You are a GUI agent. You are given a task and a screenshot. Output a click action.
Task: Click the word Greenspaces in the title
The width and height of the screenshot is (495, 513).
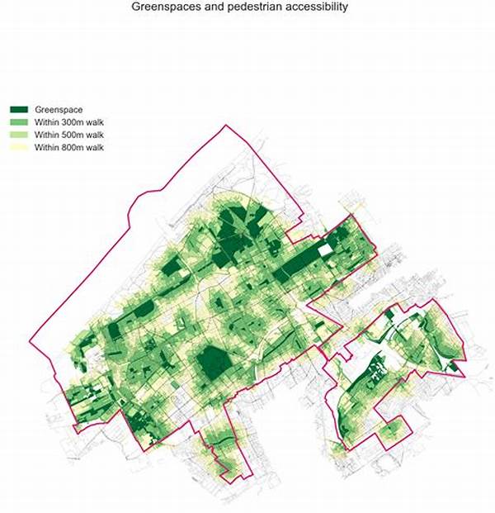[x=169, y=7]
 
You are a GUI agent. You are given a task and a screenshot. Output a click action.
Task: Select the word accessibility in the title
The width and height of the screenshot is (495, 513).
[x=317, y=7]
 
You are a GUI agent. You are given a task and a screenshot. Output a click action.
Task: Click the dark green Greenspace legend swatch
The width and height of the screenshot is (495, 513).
[x=19, y=109]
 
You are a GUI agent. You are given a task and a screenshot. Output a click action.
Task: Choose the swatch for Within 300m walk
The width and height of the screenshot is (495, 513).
[x=19, y=121]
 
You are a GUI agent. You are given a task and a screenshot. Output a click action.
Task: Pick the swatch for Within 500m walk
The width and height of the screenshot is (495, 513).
[x=19, y=134]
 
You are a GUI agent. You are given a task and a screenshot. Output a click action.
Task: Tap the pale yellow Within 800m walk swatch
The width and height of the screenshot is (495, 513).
[x=19, y=147]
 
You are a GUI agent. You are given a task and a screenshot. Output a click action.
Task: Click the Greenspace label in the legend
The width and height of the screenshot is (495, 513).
[x=59, y=109]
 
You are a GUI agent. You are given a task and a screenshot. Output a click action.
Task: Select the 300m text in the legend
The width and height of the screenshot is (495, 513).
[x=74, y=121]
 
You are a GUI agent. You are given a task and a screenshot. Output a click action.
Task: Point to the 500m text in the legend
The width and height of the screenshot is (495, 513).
[x=74, y=134]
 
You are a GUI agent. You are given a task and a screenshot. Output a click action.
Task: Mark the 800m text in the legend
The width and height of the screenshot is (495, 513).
[x=74, y=147]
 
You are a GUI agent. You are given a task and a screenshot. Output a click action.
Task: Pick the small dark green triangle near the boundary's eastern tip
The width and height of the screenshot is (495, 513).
[x=452, y=364]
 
